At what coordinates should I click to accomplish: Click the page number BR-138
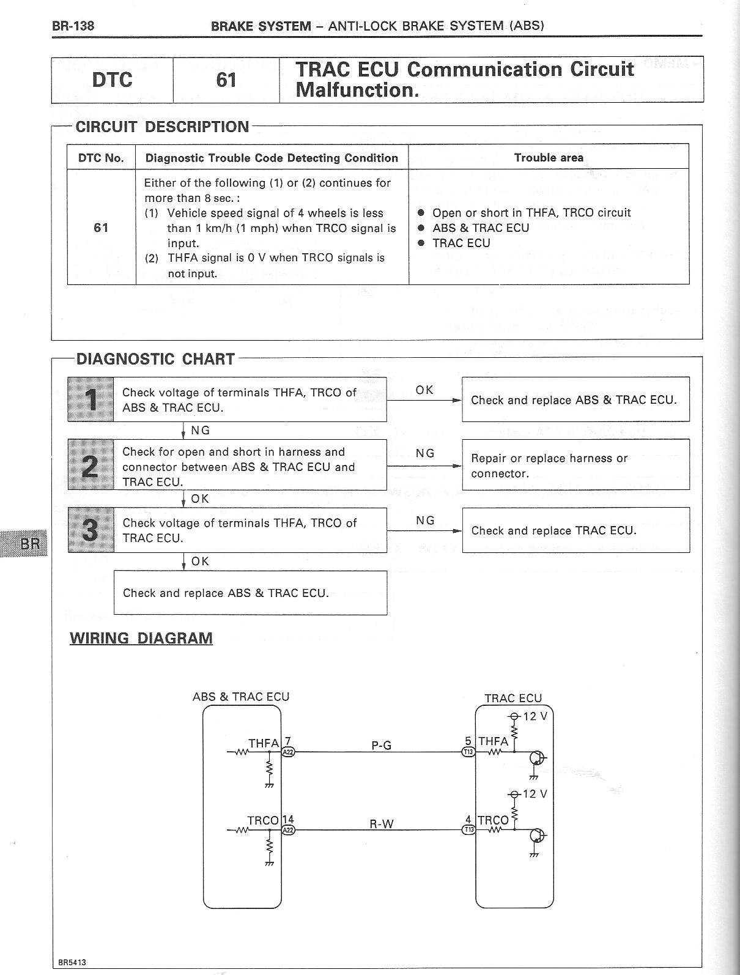[73, 26]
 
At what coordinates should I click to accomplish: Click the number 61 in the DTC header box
[226, 80]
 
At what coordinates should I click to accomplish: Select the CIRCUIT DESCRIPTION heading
[162, 127]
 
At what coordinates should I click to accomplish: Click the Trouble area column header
[549, 157]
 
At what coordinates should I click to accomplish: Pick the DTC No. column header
[101, 158]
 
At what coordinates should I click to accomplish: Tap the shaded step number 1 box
[91, 399]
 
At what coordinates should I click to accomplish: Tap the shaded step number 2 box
[91, 465]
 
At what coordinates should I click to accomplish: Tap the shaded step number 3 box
[91, 530]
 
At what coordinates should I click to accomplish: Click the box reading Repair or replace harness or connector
[575, 465]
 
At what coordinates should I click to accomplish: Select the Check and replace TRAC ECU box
[575, 530]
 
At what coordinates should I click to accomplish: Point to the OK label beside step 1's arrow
[424, 390]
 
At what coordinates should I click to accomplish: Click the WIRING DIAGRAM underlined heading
[141, 638]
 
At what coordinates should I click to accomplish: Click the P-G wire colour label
[381, 745]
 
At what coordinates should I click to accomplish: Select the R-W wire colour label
[381, 823]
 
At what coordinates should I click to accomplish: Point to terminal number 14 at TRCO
[288, 820]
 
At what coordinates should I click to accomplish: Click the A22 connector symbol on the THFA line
[288, 752]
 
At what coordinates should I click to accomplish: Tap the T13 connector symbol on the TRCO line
[468, 830]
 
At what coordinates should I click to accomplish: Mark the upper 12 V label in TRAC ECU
[535, 716]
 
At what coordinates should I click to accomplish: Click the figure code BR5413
[72, 962]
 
